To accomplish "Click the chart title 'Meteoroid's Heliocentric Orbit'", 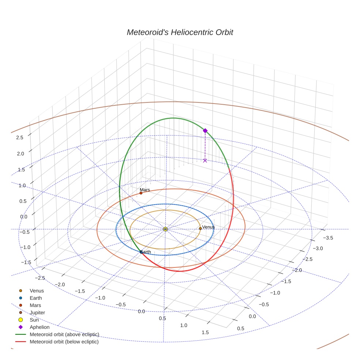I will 180,32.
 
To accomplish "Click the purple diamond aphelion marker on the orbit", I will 205,131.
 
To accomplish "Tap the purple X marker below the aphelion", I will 205,160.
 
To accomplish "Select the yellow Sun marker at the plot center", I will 165,229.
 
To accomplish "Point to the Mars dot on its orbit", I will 141,193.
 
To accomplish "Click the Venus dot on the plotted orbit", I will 200,228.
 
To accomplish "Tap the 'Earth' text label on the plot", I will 146,252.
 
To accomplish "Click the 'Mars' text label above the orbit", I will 145,190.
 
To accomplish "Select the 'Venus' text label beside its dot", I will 209,227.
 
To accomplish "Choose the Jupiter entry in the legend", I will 37,312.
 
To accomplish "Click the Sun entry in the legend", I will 34,320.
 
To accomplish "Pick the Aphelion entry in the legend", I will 40,327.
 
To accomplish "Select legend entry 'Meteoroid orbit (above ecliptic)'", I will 64,334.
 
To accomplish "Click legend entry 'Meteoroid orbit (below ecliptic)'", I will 64,342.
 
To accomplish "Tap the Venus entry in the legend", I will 37,290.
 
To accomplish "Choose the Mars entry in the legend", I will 35,305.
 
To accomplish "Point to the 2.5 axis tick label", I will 20,137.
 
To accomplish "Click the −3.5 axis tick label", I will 328,238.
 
